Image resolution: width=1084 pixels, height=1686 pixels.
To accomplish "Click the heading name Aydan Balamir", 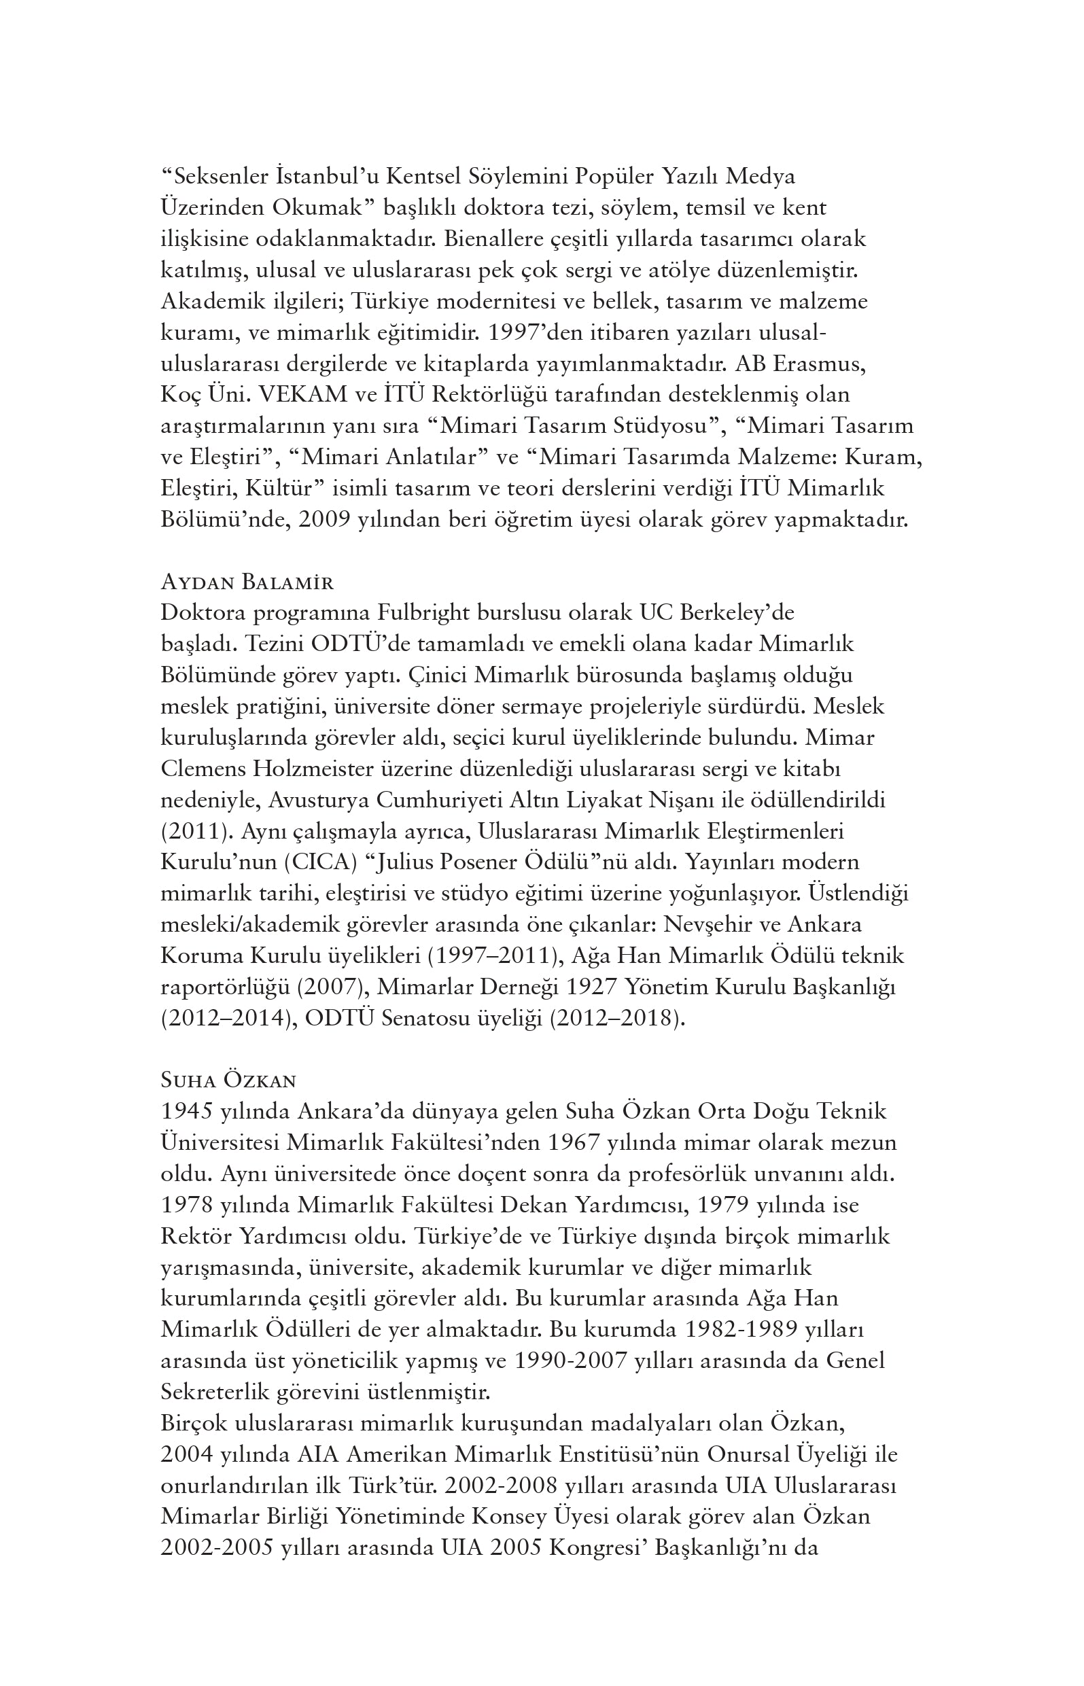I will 247,582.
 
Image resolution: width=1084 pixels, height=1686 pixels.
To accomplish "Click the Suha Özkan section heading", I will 229,1080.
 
